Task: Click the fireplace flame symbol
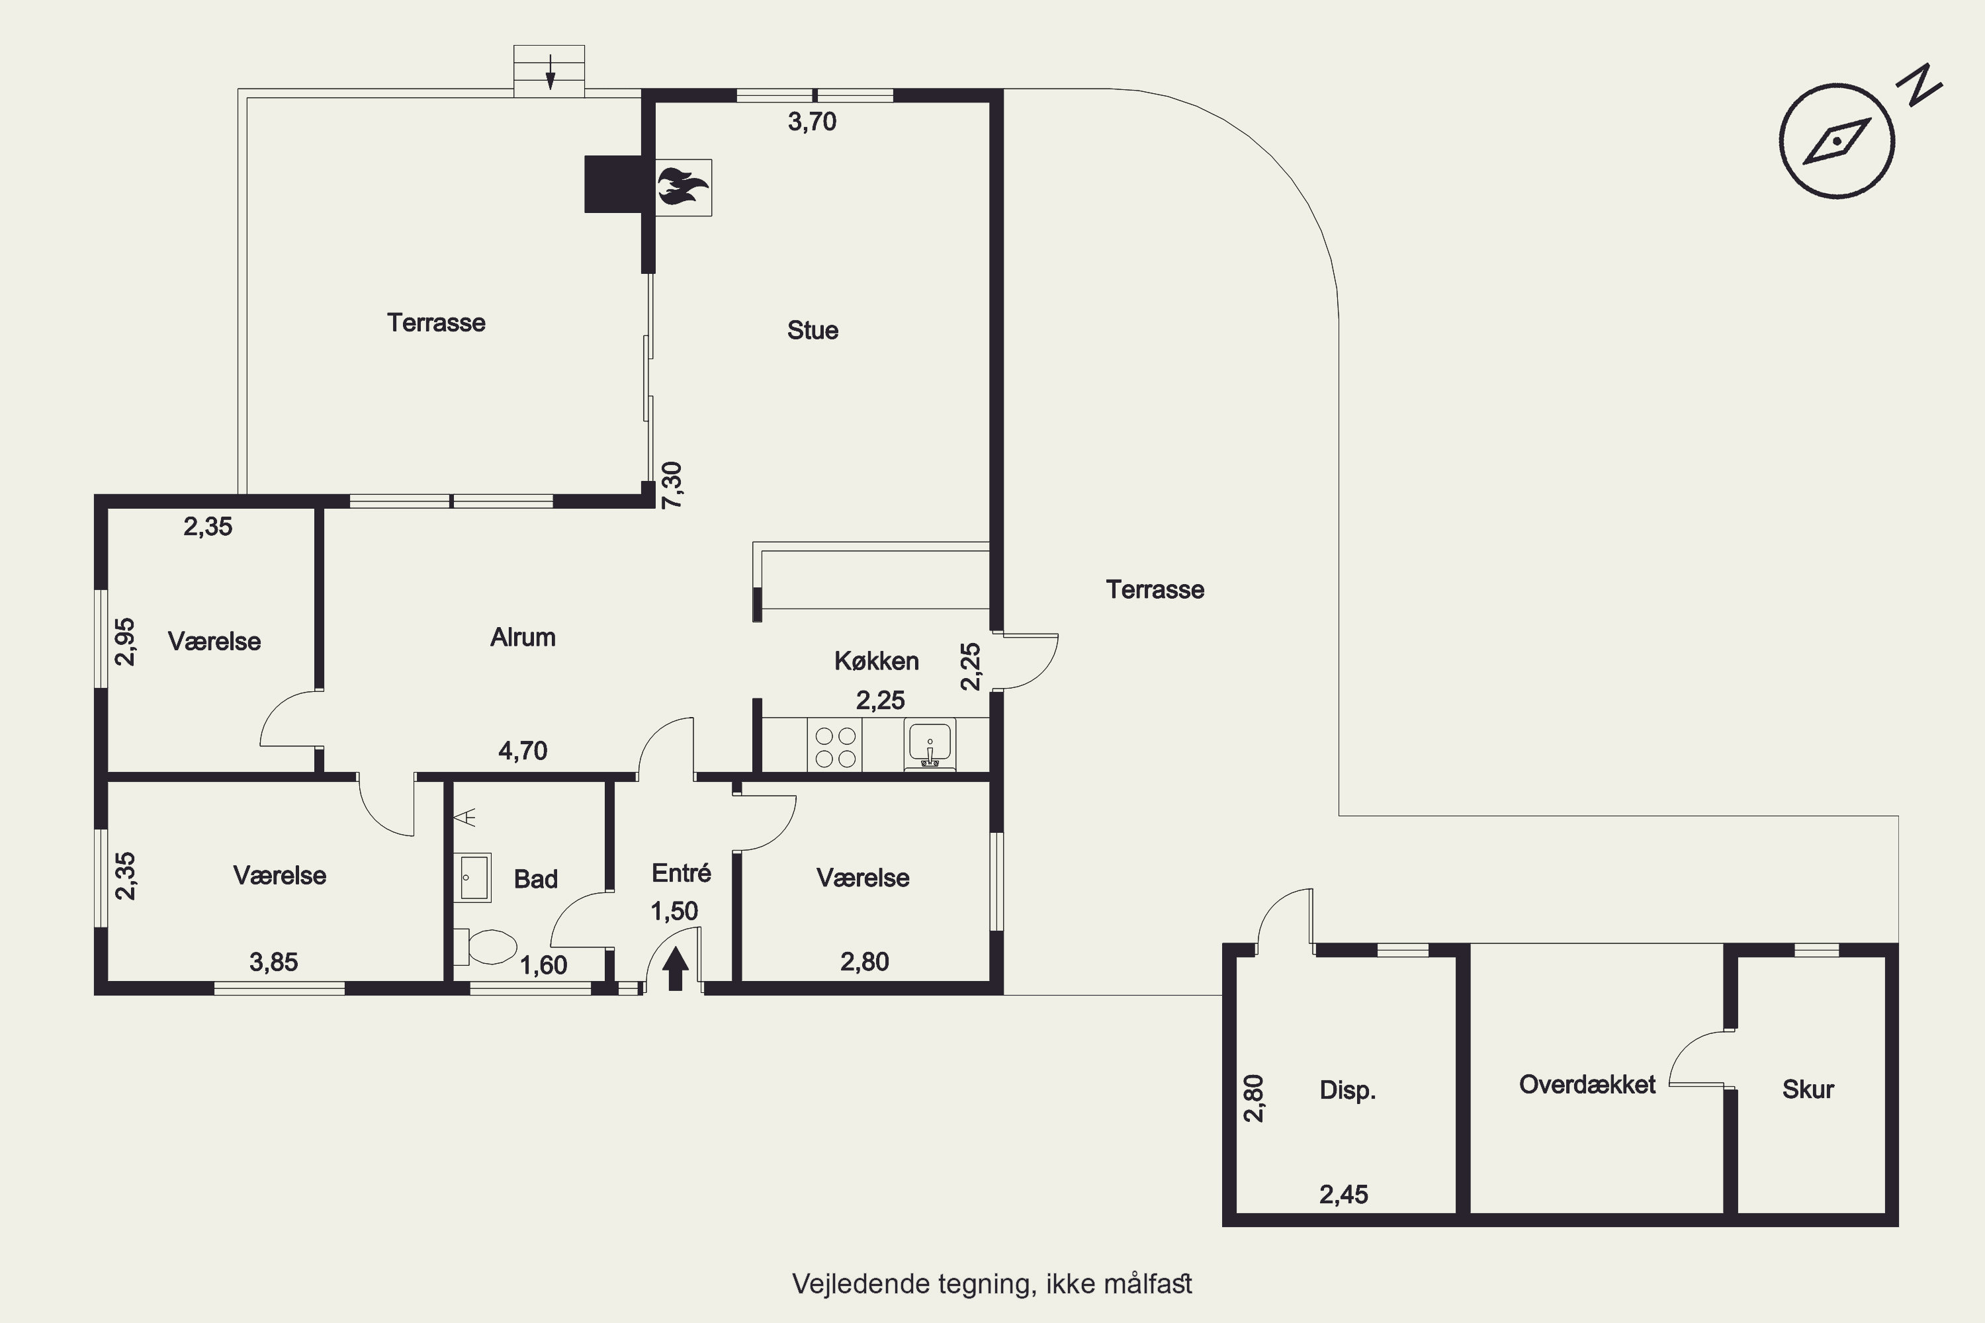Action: coord(683,187)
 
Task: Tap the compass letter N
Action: coord(1919,85)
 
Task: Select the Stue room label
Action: coord(813,330)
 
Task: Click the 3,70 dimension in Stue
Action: coord(812,122)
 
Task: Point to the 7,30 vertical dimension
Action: coord(672,485)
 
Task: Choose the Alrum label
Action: coord(523,637)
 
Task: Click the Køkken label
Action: coord(876,661)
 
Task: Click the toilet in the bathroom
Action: coord(485,947)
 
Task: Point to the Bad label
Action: coord(535,879)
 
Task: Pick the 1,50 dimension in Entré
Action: coord(674,912)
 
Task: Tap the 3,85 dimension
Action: coord(273,962)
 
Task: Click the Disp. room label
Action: coord(1348,1090)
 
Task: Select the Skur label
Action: coord(1808,1089)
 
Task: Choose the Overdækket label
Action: coord(1587,1084)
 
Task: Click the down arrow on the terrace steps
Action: coord(551,71)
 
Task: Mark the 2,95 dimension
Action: coord(124,642)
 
